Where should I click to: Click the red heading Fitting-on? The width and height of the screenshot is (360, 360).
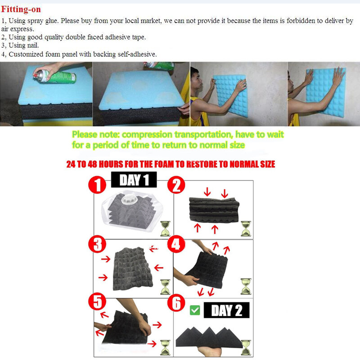coord(21,9)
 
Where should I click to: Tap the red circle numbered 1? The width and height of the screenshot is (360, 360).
coord(97,185)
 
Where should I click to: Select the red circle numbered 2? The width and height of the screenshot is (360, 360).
coord(176,185)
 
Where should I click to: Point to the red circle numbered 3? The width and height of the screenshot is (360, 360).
coord(97,244)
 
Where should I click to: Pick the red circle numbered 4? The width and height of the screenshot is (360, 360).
coord(176,244)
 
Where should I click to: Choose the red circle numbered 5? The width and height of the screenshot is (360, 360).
coord(97,301)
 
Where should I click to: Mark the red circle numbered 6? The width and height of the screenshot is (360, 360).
coord(176,303)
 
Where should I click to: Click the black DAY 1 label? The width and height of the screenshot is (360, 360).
coord(134,180)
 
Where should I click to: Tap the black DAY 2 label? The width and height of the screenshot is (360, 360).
coord(227,310)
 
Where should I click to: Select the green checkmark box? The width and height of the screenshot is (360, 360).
coord(195,310)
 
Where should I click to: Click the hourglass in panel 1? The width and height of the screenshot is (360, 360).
coord(165,229)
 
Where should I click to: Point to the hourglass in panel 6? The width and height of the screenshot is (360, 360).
coord(246,347)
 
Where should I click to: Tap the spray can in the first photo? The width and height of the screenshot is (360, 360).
coord(55,76)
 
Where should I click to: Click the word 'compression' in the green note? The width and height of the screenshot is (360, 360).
coord(147,134)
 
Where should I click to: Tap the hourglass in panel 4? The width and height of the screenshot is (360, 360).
coord(246,286)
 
